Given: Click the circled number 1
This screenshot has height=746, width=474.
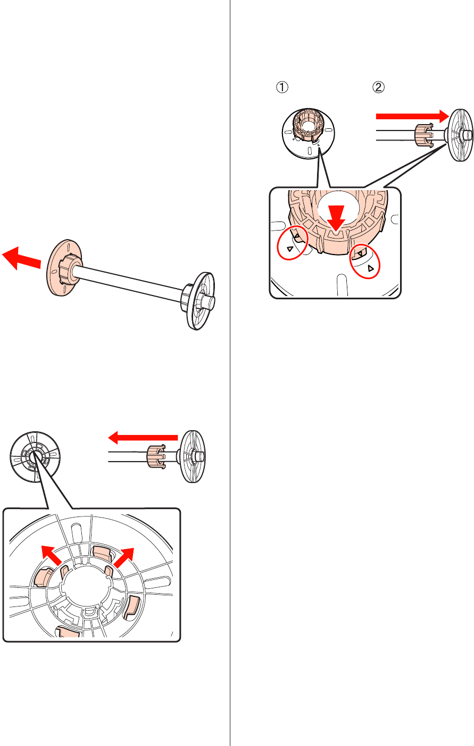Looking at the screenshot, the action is [282, 87].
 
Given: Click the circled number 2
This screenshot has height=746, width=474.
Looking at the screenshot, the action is [378, 87].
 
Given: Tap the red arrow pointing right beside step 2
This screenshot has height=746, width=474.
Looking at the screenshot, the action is [412, 116].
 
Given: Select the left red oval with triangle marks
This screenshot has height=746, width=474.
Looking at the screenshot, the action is [290, 243].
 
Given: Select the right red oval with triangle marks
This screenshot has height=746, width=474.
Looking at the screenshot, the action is [365, 261].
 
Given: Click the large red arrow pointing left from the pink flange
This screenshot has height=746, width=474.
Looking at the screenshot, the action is [21, 258].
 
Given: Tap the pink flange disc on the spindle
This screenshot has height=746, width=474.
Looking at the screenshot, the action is [63, 267].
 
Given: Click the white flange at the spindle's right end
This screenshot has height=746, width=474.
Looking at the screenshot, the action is [199, 301].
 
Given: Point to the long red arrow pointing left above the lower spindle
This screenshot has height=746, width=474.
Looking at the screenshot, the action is [143, 438].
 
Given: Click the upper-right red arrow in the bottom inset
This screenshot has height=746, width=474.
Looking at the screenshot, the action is [124, 558].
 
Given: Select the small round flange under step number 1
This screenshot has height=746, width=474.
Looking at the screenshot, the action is [309, 133].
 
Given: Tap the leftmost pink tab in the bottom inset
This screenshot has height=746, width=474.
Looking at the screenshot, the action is [43, 577].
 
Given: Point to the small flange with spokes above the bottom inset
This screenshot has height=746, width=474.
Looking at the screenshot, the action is [35, 457].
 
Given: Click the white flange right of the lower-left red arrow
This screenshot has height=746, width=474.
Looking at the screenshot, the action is [192, 456].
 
